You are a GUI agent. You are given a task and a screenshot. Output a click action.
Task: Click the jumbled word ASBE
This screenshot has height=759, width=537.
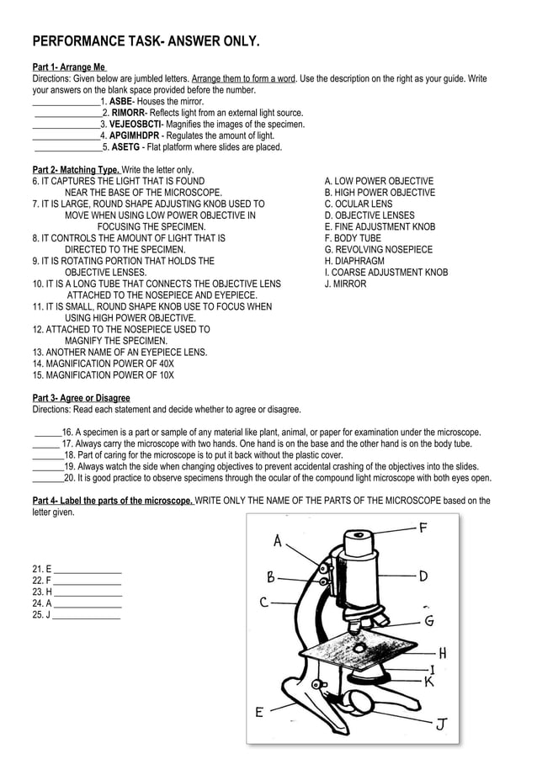point(121,101)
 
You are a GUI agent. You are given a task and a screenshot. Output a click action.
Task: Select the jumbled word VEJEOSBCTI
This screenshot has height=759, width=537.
point(135,124)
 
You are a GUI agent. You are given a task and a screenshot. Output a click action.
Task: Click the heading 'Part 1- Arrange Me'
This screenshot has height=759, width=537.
point(69,67)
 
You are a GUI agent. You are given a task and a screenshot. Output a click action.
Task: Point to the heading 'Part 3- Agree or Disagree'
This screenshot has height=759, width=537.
point(81,398)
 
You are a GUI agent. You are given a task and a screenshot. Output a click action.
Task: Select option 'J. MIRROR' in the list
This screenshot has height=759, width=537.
point(345,284)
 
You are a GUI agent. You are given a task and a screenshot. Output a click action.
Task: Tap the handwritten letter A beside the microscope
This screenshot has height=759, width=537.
point(278,541)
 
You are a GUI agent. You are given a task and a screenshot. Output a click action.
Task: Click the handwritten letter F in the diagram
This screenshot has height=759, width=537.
point(423,528)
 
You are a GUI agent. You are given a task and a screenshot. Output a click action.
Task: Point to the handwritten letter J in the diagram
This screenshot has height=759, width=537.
point(441,724)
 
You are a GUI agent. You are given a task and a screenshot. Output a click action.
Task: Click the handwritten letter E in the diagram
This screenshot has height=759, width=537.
point(260,712)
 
